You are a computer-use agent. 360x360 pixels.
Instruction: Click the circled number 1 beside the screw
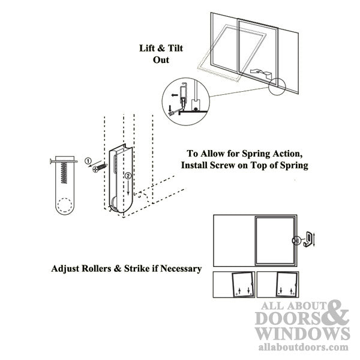(x=88, y=161)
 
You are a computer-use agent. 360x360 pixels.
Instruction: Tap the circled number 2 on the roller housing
(x=127, y=176)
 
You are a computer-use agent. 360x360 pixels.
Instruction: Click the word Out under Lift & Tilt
(x=160, y=60)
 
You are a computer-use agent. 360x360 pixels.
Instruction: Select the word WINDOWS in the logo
(x=301, y=333)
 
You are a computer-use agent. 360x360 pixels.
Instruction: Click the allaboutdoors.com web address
(x=302, y=347)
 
